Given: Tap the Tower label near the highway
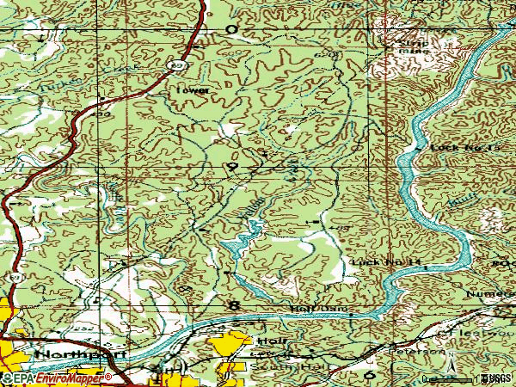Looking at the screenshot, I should [x=192, y=89].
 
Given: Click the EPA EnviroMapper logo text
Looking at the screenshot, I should [x=56, y=378].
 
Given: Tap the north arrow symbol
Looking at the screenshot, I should [x=452, y=368].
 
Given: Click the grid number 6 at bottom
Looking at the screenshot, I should [x=371, y=376].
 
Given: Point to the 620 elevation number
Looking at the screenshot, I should [x=322, y=55].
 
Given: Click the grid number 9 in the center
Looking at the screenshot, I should [x=231, y=165].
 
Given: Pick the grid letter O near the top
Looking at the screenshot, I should [x=230, y=28].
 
